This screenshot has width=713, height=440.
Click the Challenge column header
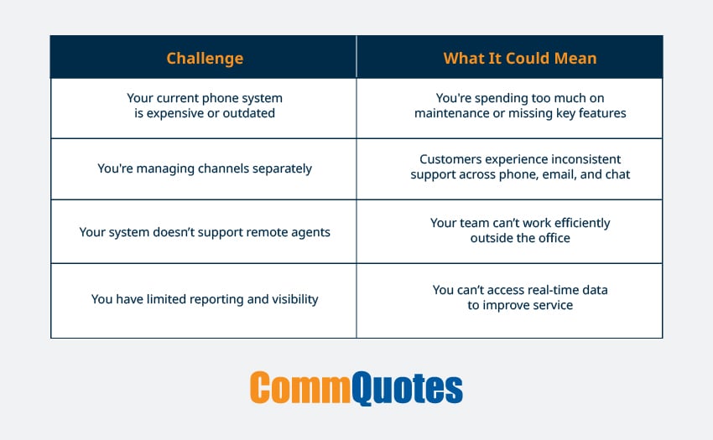point(205,58)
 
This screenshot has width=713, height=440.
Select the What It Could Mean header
point(520,58)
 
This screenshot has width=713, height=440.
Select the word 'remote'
point(262,231)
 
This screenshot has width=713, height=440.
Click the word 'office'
point(550,239)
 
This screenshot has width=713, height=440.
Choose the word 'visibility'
point(290,298)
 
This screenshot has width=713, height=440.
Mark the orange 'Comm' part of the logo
point(299,388)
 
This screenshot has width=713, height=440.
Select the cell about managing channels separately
point(204,168)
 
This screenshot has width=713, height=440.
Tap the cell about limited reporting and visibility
point(204,299)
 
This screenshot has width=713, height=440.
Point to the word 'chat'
point(617,175)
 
